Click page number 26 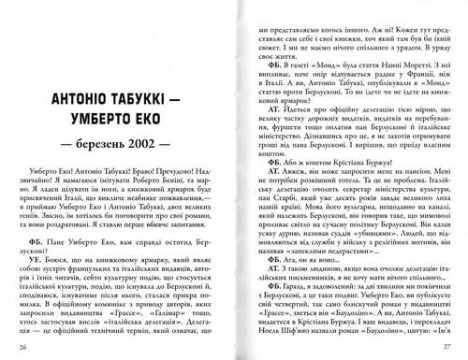(x=22, y=349)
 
